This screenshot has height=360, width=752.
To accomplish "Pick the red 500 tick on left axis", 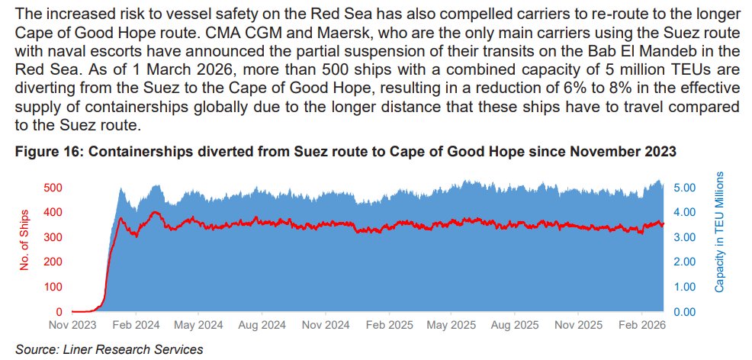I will click(x=53, y=188).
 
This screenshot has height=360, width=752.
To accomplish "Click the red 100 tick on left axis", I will click(x=53, y=287).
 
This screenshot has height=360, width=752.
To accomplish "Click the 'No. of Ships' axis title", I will click(x=25, y=241).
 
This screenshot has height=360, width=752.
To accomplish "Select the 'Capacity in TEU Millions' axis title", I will click(x=719, y=232).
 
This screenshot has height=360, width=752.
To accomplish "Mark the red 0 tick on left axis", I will click(x=59, y=312).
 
